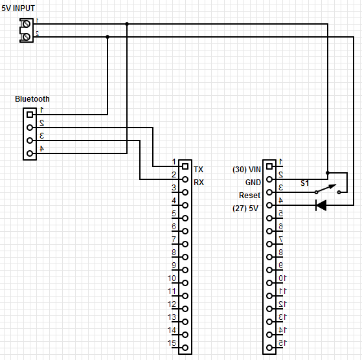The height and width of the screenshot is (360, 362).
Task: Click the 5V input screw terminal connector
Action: [26, 30]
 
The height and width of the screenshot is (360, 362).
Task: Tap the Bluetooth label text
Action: [32, 99]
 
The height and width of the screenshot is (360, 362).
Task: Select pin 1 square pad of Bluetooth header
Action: [30, 115]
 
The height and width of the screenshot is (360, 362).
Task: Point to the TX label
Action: [198, 168]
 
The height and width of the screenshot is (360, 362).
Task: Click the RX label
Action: [198, 183]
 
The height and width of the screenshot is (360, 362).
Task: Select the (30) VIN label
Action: [247, 170]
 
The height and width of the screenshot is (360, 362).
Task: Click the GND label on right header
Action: [252, 183]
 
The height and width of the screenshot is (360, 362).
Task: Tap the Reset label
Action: [249, 195]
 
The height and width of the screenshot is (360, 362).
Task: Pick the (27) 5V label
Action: [247, 208]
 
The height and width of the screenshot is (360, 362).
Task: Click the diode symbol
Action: [321, 205]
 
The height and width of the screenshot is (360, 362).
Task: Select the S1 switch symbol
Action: [328, 190]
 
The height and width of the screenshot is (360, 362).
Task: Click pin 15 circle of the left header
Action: [185, 348]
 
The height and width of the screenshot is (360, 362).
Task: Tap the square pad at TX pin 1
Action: [185, 166]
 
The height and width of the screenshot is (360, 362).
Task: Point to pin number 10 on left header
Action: [172, 279]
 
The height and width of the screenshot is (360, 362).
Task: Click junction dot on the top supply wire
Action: [127, 24]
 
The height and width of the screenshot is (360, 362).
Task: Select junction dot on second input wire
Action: [107, 37]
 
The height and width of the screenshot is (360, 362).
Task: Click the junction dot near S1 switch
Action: [328, 173]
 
